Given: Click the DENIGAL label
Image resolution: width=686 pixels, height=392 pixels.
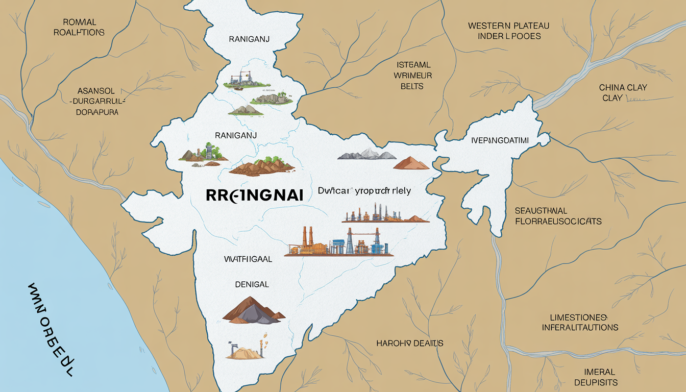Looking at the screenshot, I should tap(252, 284).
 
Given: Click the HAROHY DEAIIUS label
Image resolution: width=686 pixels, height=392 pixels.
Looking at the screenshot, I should tap(410, 343).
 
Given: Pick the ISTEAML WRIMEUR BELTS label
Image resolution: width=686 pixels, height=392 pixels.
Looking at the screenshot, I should tap(413, 76).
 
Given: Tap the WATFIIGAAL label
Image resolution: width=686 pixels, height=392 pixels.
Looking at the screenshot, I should tap(248, 259).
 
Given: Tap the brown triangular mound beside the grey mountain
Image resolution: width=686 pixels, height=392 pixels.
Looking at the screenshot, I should tap(411, 163).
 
